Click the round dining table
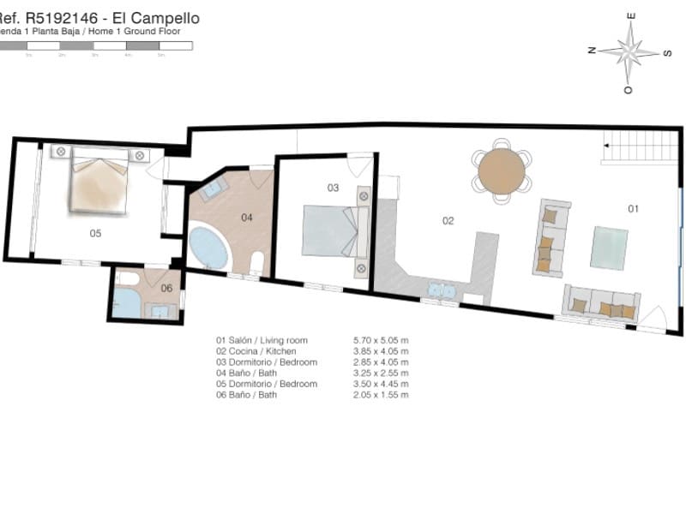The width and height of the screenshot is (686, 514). [x=501, y=170]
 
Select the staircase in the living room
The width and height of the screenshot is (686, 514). [x=640, y=146]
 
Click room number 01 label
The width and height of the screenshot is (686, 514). [x=634, y=208]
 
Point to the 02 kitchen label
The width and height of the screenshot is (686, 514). [x=448, y=220]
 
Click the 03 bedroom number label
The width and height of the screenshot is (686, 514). [x=334, y=187]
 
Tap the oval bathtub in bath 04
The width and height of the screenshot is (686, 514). [x=208, y=248]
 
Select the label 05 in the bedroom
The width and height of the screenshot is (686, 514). [x=96, y=232]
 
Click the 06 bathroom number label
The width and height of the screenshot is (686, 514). [x=166, y=288]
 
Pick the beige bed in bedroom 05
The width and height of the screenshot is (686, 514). [x=99, y=180]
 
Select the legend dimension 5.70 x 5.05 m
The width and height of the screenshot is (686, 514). [x=381, y=340]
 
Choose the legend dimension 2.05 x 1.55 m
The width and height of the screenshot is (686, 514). [x=381, y=395]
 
